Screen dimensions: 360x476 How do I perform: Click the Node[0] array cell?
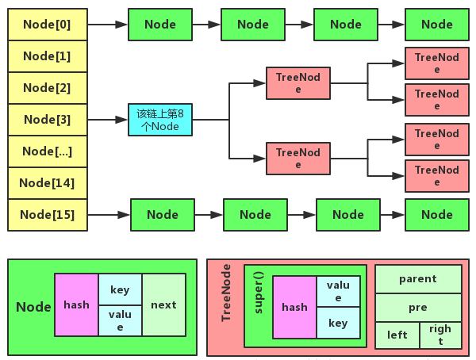click(47, 25)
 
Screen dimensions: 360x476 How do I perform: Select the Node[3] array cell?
click(47, 120)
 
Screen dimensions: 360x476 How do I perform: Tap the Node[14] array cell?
click(47, 183)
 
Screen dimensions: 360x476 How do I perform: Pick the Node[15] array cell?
click(47, 215)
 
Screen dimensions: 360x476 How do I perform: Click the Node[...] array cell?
click(47, 151)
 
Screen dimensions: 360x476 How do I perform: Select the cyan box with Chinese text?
click(159, 120)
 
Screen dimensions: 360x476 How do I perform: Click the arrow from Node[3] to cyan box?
click(108, 120)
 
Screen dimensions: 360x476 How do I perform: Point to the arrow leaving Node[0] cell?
click(108, 25)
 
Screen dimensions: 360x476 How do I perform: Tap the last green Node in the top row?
click(436, 25)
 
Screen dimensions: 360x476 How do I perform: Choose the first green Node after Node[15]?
click(162, 215)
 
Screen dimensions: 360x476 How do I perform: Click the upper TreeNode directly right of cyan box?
click(298, 82)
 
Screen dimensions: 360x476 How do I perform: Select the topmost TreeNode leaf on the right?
click(436, 63)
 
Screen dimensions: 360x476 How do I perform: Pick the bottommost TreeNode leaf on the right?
click(436, 175)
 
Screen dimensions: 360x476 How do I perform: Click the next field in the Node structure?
click(163, 304)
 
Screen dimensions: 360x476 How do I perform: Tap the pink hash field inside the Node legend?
click(76, 304)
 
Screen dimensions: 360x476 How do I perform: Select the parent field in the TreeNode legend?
click(417, 279)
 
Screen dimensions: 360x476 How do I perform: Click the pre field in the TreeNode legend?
click(417, 306)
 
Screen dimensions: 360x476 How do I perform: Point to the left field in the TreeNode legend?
click(397, 335)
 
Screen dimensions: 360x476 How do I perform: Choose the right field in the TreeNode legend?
click(440, 335)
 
